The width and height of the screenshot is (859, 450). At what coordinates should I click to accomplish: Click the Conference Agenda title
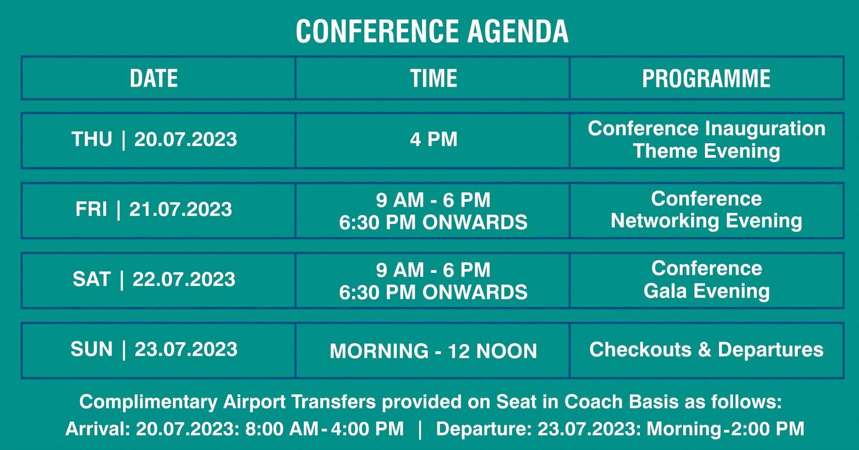tap(432, 31)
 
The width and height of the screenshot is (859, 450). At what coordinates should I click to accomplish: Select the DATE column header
tap(154, 78)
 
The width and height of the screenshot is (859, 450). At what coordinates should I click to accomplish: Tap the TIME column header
tap(434, 78)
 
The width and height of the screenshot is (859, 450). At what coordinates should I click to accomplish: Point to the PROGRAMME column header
tap(706, 78)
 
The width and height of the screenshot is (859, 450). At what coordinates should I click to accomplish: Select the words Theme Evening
tap(706, 151)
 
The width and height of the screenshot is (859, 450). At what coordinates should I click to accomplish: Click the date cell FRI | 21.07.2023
tap(154, 210)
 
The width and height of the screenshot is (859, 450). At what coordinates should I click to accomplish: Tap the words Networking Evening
tap(706, 221)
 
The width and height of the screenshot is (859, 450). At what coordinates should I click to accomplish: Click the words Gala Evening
tap(706, 291)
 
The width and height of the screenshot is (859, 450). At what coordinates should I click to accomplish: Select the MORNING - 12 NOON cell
tap(434, 351)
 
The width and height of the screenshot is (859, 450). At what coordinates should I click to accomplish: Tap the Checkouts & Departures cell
tap(706, 349)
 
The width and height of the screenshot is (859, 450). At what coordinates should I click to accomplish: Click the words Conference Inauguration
tap(706, 129)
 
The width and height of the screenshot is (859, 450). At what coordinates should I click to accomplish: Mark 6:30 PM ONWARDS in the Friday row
tap(434, 223)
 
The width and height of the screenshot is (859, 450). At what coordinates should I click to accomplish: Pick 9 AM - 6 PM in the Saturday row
tap(434, 270)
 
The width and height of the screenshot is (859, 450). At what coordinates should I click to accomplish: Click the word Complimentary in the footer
tap(148, 402)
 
